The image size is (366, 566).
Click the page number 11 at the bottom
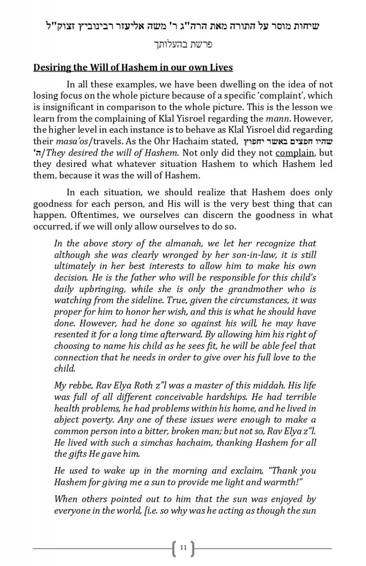tap(183, 548)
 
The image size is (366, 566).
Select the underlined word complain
tap(294, 152)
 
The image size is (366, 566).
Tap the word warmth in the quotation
tap(292, 482)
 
